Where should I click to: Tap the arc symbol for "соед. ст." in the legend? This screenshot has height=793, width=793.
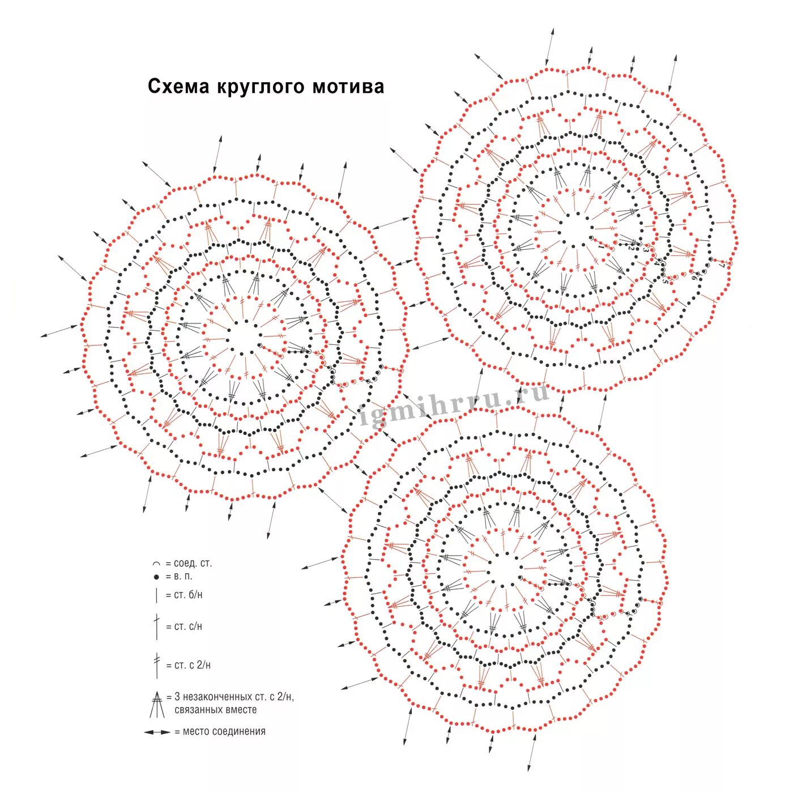(x=156, y=564)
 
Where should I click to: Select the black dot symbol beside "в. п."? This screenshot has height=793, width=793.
(x=156, y=577)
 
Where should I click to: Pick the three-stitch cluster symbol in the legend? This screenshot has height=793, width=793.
(x=157, y=704)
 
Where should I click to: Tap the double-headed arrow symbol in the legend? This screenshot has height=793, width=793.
(x=157, y=732)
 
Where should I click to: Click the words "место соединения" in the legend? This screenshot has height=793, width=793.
(x=224, y=732)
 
